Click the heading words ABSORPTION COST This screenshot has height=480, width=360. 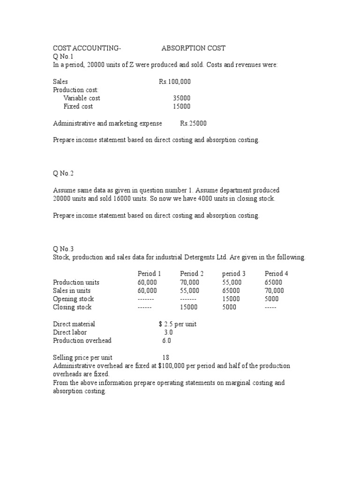coord(193,48)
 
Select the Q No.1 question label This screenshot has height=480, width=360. coord(63,56)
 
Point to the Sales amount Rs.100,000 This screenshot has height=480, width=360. coord(175,82)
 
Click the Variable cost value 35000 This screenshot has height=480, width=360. coord(181,98)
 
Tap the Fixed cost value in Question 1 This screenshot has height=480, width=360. coord(181,106)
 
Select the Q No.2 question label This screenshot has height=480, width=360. coord(63,173)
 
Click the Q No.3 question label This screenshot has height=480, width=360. coord(63,249)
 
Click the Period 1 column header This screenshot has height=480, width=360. coord(149,274)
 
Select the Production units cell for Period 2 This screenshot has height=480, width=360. coord(189,282)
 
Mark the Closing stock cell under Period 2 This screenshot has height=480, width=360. coord(188,307)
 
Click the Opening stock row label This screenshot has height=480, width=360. coord(73,299)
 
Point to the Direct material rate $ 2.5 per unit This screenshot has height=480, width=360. coord(178,324)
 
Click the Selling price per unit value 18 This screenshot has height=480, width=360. coord(165,358)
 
